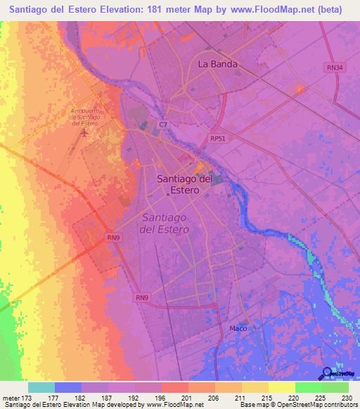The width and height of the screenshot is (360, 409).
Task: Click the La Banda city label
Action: click(x=217, y=64)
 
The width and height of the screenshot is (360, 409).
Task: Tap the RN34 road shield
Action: click(x=334, y=67)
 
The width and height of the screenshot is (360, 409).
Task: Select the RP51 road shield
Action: click(x=218, y=139)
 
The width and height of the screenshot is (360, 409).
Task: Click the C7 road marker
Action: click(x=163, y=124)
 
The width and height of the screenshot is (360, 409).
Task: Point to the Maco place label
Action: click(x=238, y=328)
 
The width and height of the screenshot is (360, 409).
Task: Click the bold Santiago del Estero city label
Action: click(x=184, y=183)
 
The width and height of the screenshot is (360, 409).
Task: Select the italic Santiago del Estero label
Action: click(x=165, y=223)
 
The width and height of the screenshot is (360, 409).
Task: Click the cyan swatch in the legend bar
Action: click(x=41, y=387)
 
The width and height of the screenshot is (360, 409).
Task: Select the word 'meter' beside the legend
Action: click(x=11, y=397)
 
